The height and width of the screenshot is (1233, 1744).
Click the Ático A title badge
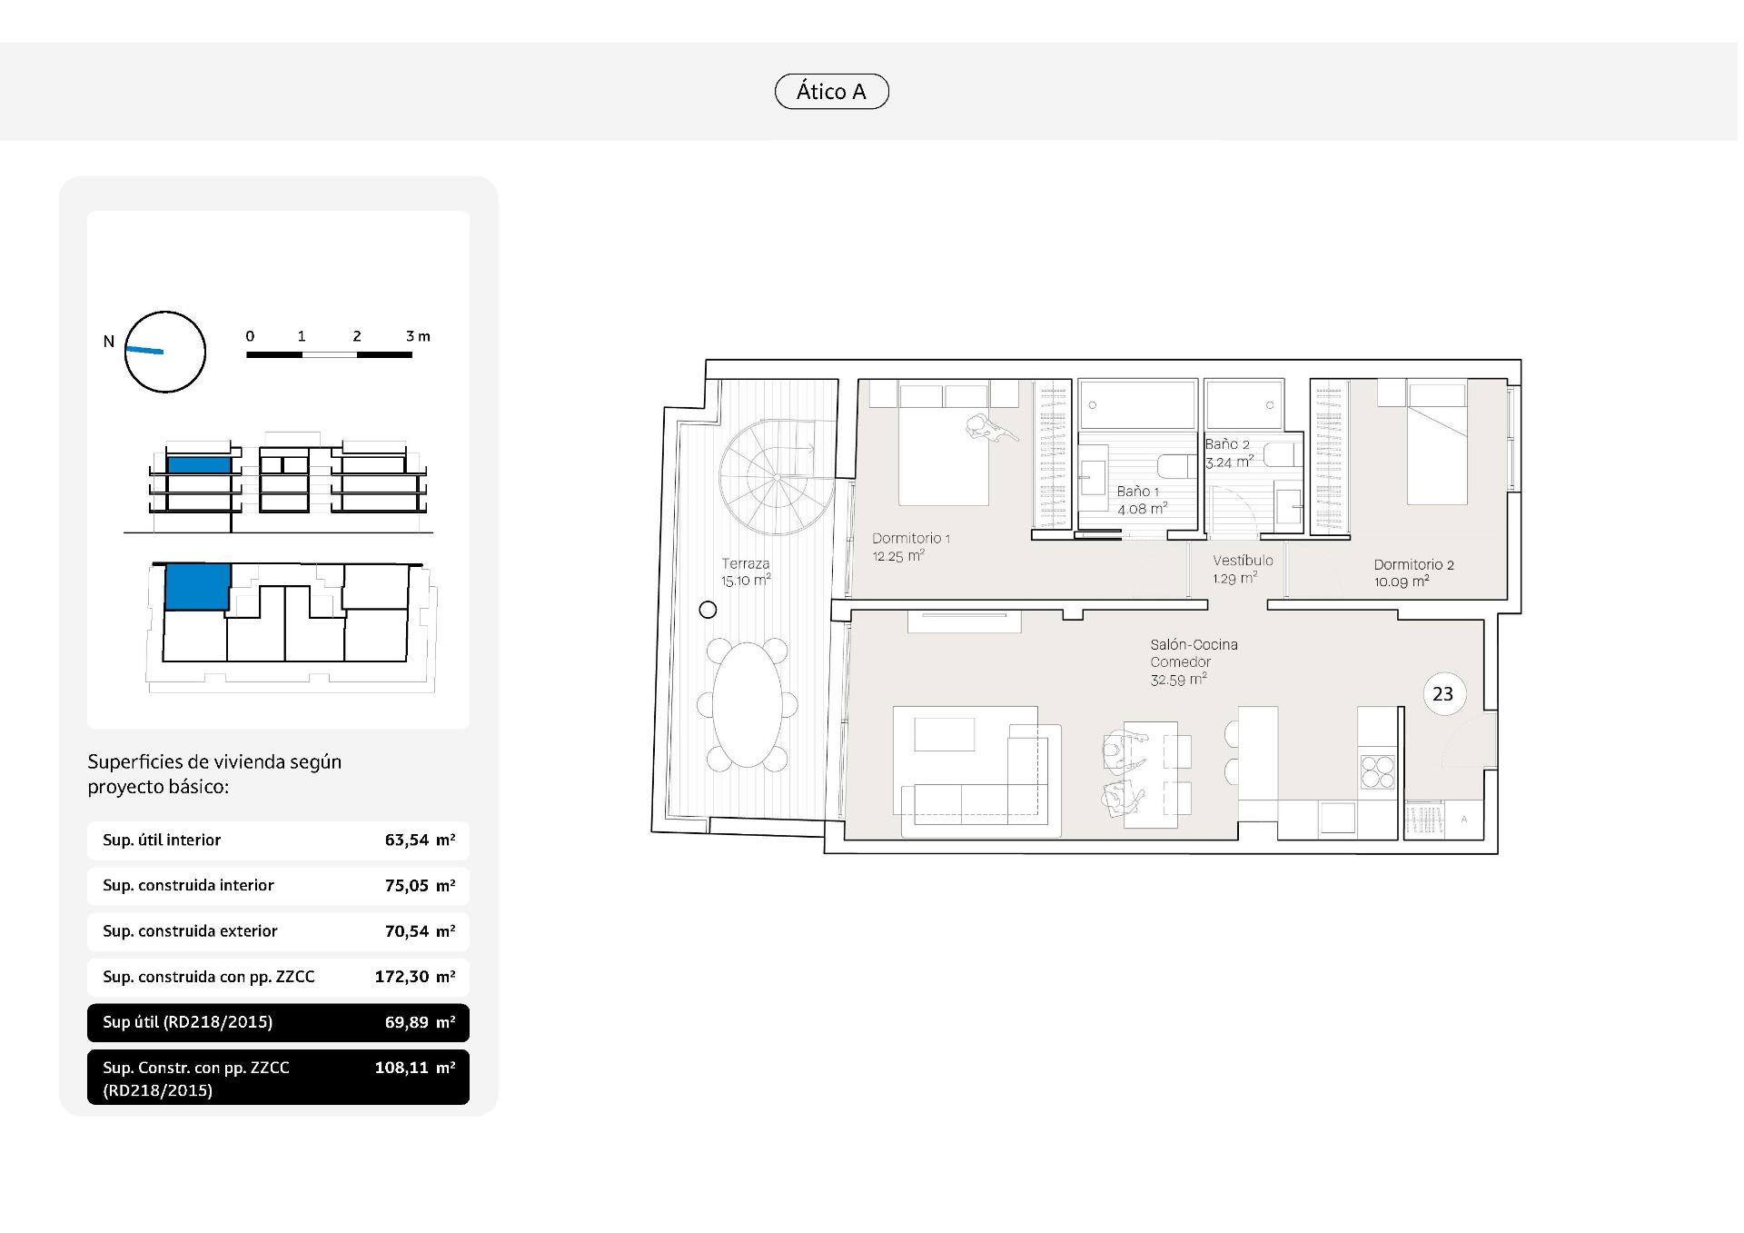831,92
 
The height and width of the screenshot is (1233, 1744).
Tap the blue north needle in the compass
144,350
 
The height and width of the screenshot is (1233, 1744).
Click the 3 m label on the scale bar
418,336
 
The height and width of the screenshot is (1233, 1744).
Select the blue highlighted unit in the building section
199,465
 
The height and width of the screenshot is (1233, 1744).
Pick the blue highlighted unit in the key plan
197,586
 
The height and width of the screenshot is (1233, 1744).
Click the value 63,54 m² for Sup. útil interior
420,840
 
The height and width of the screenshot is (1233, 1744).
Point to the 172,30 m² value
415,977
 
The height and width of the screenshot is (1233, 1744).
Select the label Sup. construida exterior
190,931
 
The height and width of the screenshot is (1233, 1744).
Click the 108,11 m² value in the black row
415,1068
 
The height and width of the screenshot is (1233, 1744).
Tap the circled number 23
1442,694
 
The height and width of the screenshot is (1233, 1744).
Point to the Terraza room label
746,563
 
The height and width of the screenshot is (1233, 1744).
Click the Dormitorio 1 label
911,538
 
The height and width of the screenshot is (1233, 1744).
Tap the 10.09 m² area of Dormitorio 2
1402,582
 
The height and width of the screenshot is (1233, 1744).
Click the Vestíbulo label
1243,561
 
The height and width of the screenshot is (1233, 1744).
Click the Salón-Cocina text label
1194,644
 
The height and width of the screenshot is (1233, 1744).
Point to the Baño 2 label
1227,444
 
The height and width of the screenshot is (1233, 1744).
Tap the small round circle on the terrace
708,610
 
